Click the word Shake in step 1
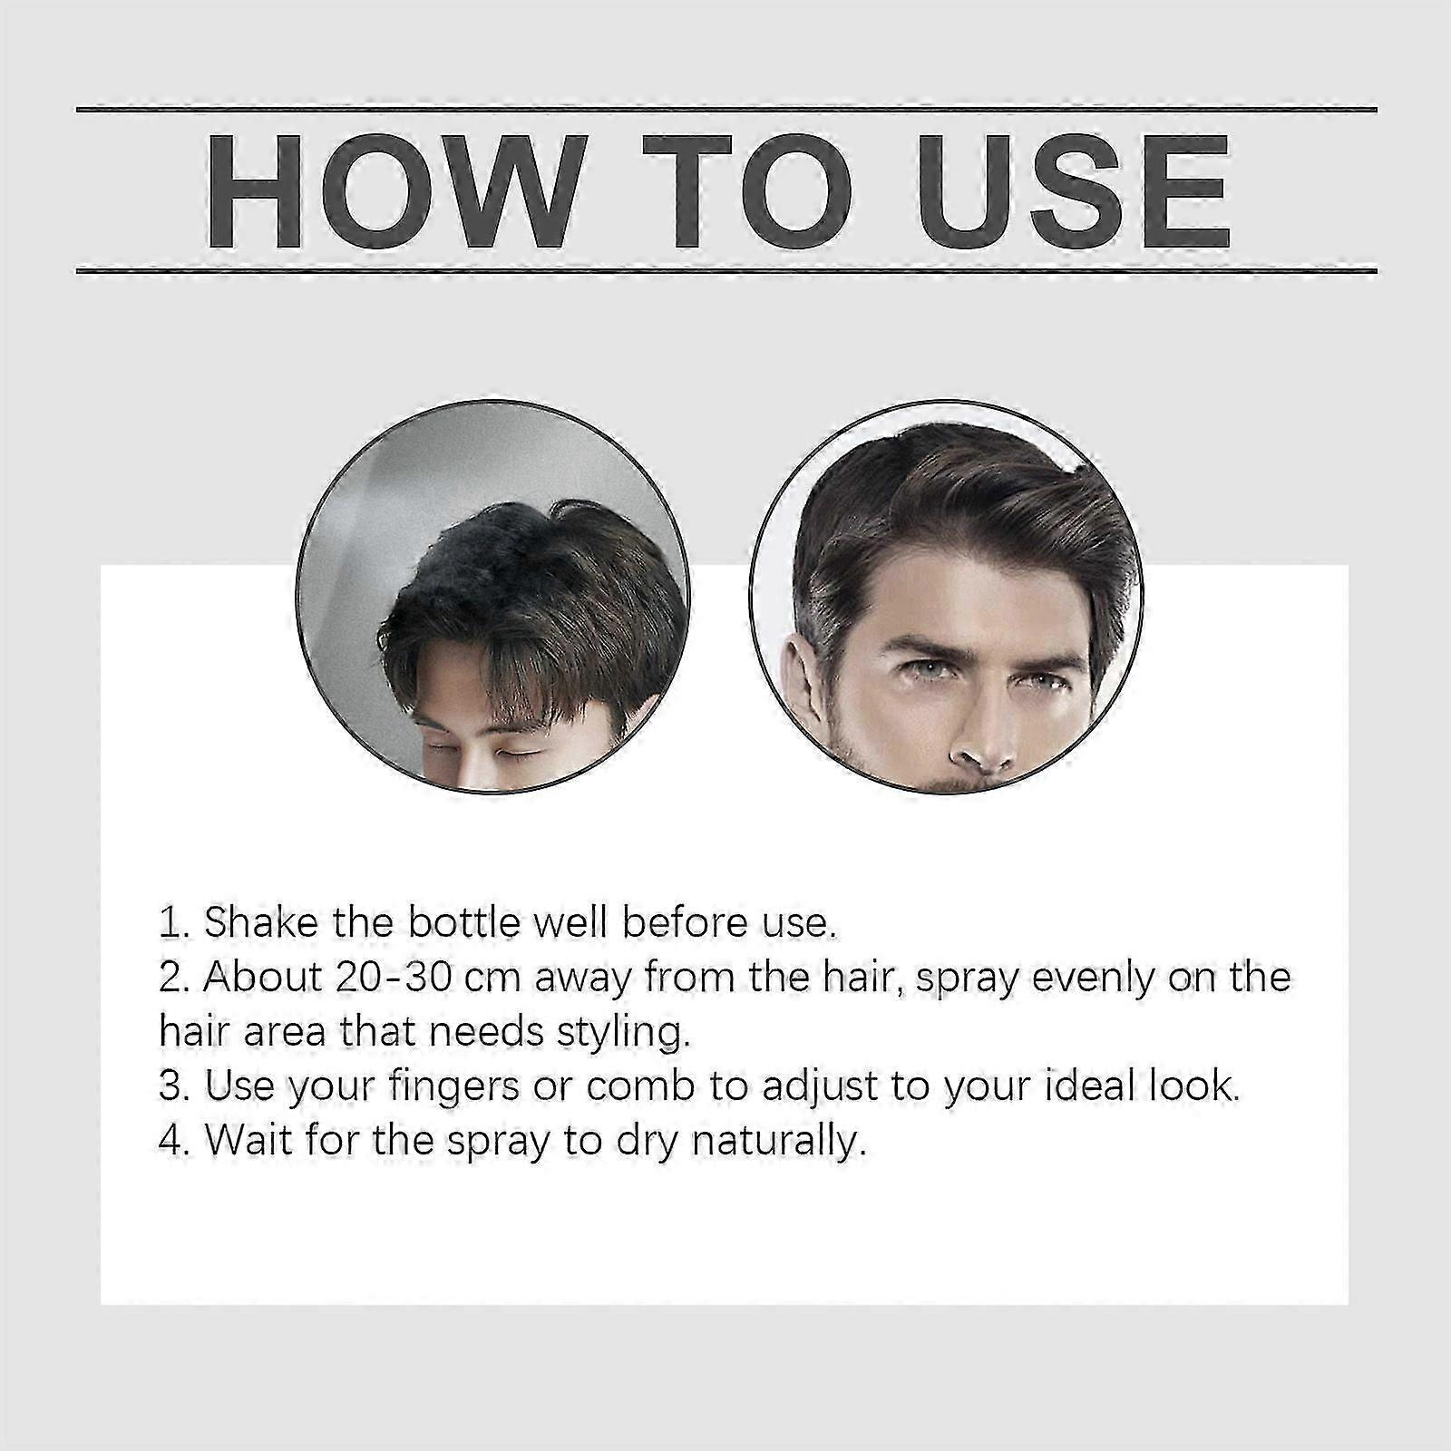point(257,923)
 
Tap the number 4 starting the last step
point(170,1141)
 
